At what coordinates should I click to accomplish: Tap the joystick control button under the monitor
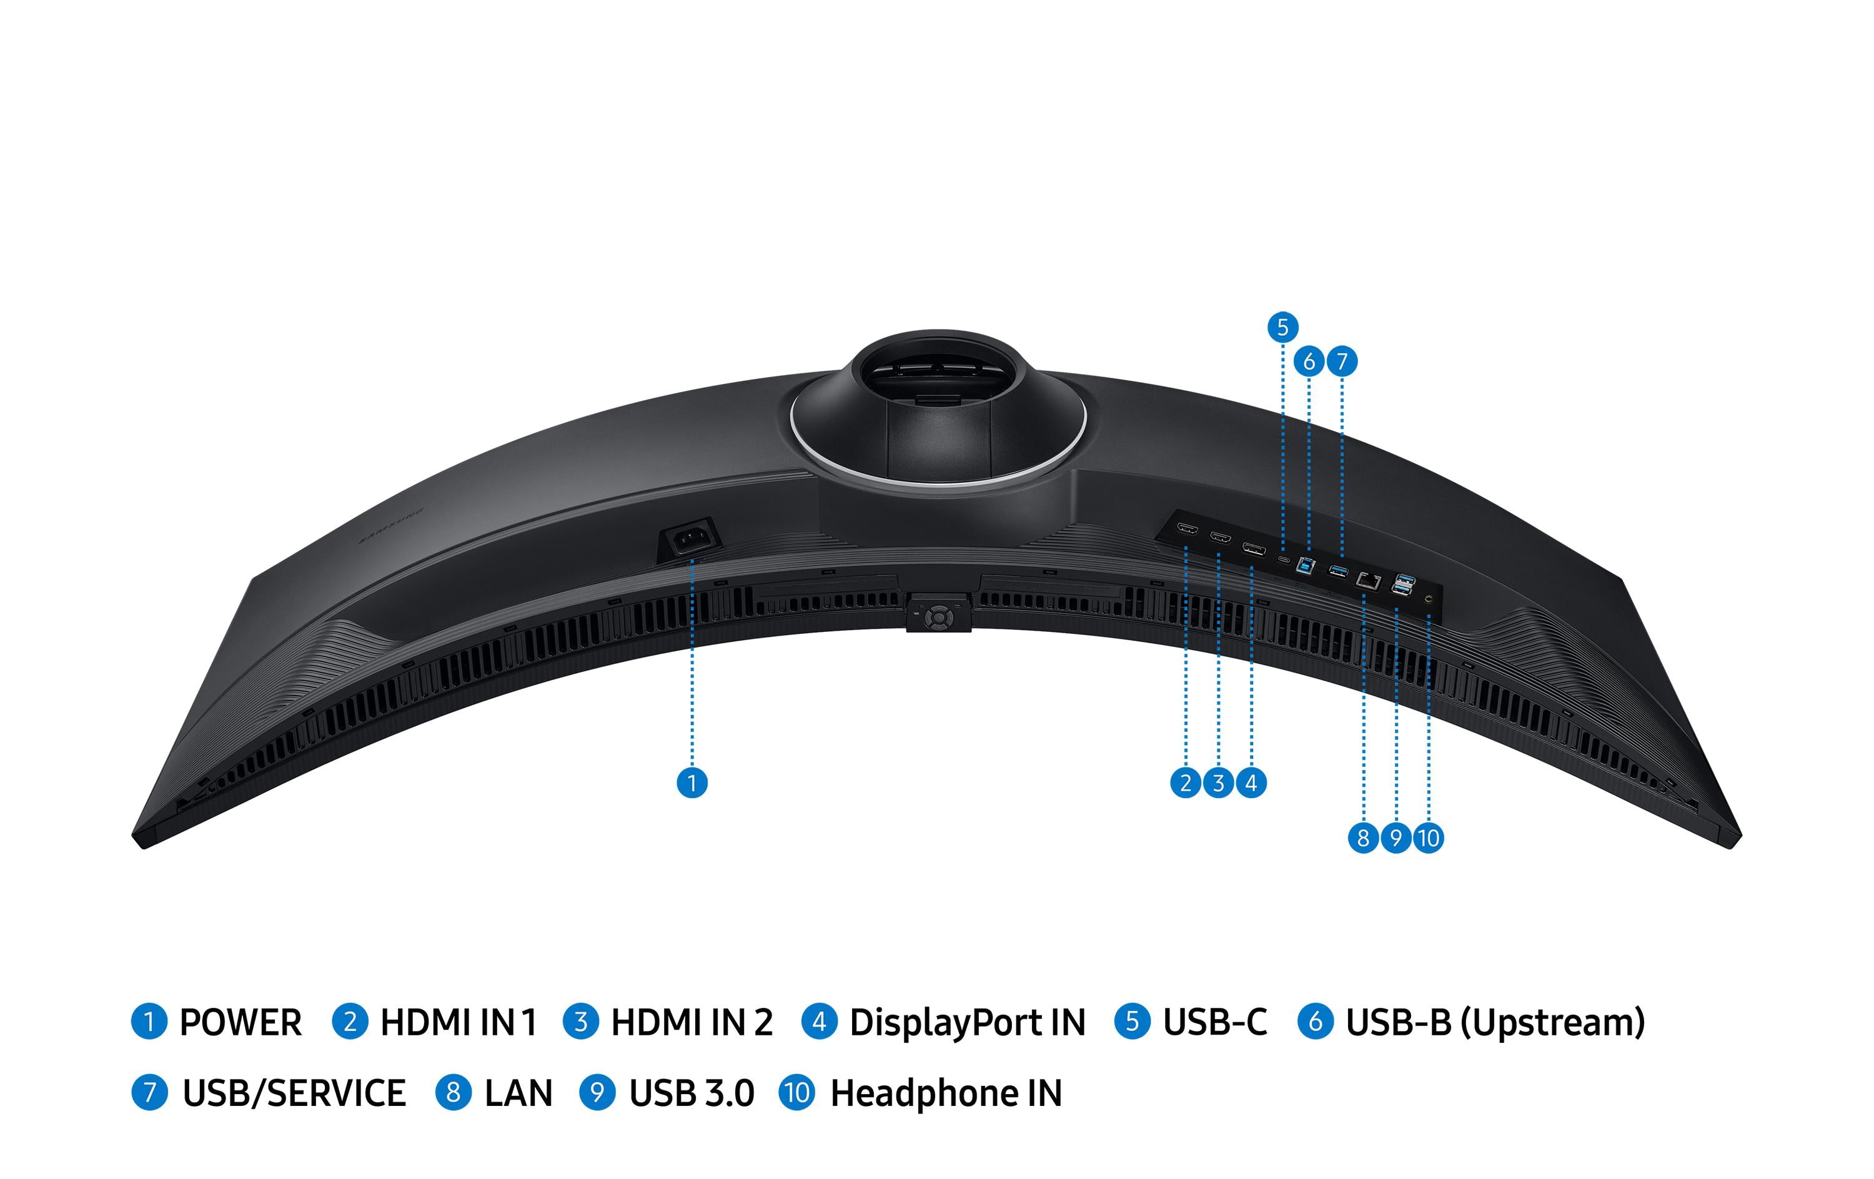[938, 617]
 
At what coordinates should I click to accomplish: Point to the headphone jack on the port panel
[1427, 600]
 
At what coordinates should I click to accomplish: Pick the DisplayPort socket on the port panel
[1253, 551]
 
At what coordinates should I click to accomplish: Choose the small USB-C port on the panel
[1283, 559]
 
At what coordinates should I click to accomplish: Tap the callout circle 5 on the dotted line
[1282, 327]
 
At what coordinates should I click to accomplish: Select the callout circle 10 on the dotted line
[1428, 838]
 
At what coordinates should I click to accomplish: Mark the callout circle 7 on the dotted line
[1342, 361]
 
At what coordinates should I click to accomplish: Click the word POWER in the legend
[240, 1022]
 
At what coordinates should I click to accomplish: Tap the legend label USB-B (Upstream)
[1495, 1022]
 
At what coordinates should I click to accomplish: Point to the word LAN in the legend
[518, 1093]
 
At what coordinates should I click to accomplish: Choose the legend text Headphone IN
[946, 1093]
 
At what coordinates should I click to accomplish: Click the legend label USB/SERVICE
[294, 1093]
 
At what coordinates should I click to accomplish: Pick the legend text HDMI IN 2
[692, 1022]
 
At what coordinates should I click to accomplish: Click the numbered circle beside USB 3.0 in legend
[597, 1093]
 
